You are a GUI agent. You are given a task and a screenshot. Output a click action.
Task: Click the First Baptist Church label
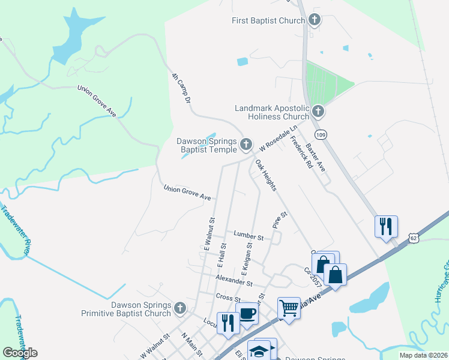(268, 21)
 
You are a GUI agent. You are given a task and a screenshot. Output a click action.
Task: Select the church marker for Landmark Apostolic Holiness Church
(318, 112)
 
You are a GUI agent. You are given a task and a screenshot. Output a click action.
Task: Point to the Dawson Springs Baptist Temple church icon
(246, 145)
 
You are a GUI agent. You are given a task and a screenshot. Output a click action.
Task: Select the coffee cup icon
(247, 313)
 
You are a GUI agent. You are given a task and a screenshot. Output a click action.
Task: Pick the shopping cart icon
(289, 308)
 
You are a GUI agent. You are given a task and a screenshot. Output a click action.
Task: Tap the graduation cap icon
(259, 350)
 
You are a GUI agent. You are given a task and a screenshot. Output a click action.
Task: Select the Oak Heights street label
(266, 175)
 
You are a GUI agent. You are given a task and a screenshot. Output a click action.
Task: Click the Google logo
(20, 353)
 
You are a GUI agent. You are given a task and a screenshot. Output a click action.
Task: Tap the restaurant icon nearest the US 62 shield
(385, 226)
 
